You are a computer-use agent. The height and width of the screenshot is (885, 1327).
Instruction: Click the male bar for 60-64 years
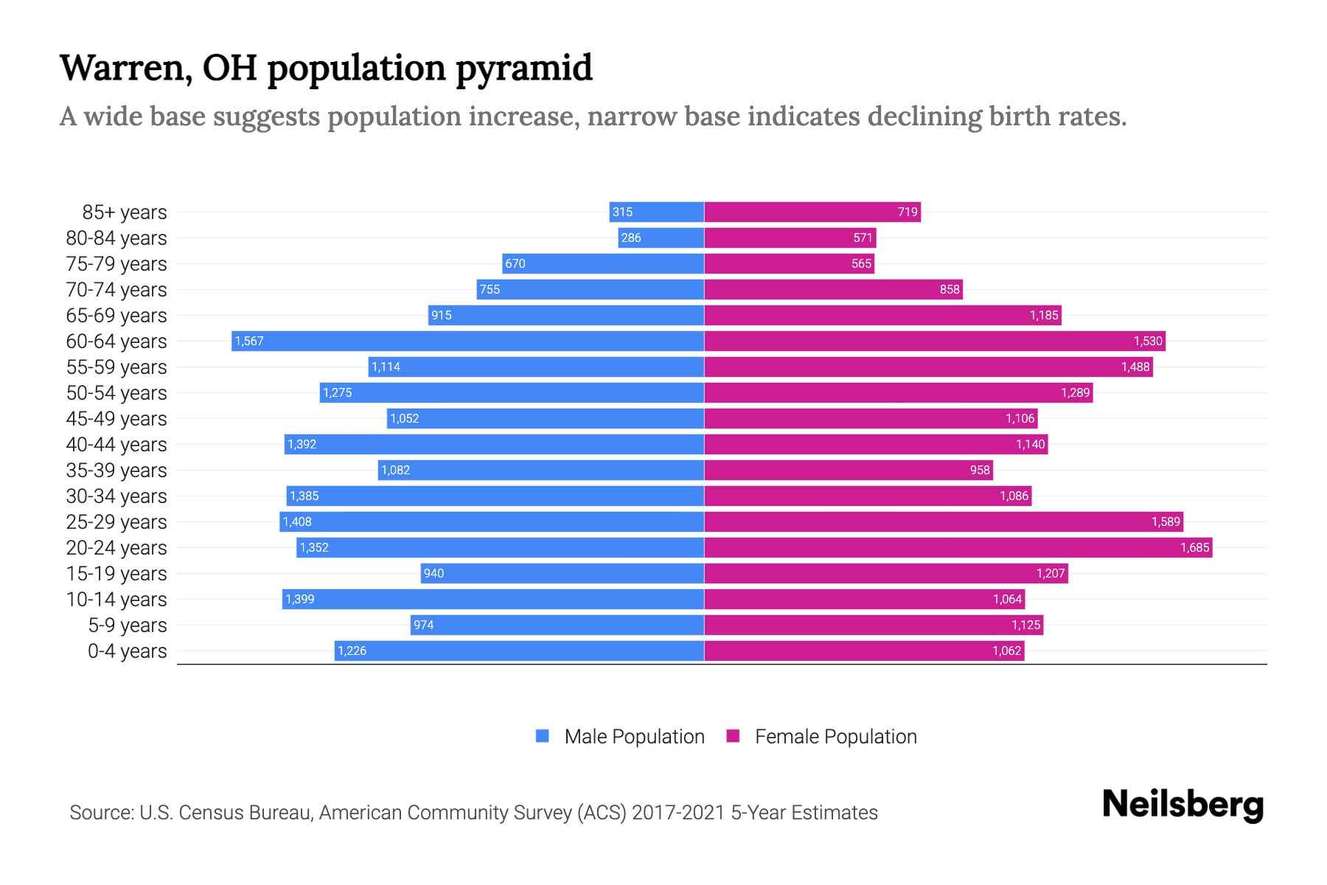[468, 341]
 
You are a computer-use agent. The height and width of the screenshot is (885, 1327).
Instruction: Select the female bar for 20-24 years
[958, 547]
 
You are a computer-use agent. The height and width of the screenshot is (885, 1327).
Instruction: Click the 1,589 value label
[1166, 521]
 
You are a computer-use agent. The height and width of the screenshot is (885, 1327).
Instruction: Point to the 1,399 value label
[300, 599]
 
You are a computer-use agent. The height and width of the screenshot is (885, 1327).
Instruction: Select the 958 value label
[980, 470]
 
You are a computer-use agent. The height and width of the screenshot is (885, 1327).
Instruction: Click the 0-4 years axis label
[128, 651]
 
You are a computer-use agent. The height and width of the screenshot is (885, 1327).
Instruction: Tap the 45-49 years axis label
[116, 419]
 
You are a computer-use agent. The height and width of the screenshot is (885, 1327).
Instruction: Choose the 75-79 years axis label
[116, 264]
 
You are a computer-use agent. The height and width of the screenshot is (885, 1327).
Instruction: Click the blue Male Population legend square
[543, 736]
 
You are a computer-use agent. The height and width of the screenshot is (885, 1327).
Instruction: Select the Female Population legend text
[835, 737]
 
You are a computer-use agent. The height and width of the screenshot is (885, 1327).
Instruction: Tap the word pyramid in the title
[523, 69]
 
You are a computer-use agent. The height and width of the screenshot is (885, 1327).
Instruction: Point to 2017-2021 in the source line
[678, 813]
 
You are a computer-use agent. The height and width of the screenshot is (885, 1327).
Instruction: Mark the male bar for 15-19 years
[562, 573]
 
